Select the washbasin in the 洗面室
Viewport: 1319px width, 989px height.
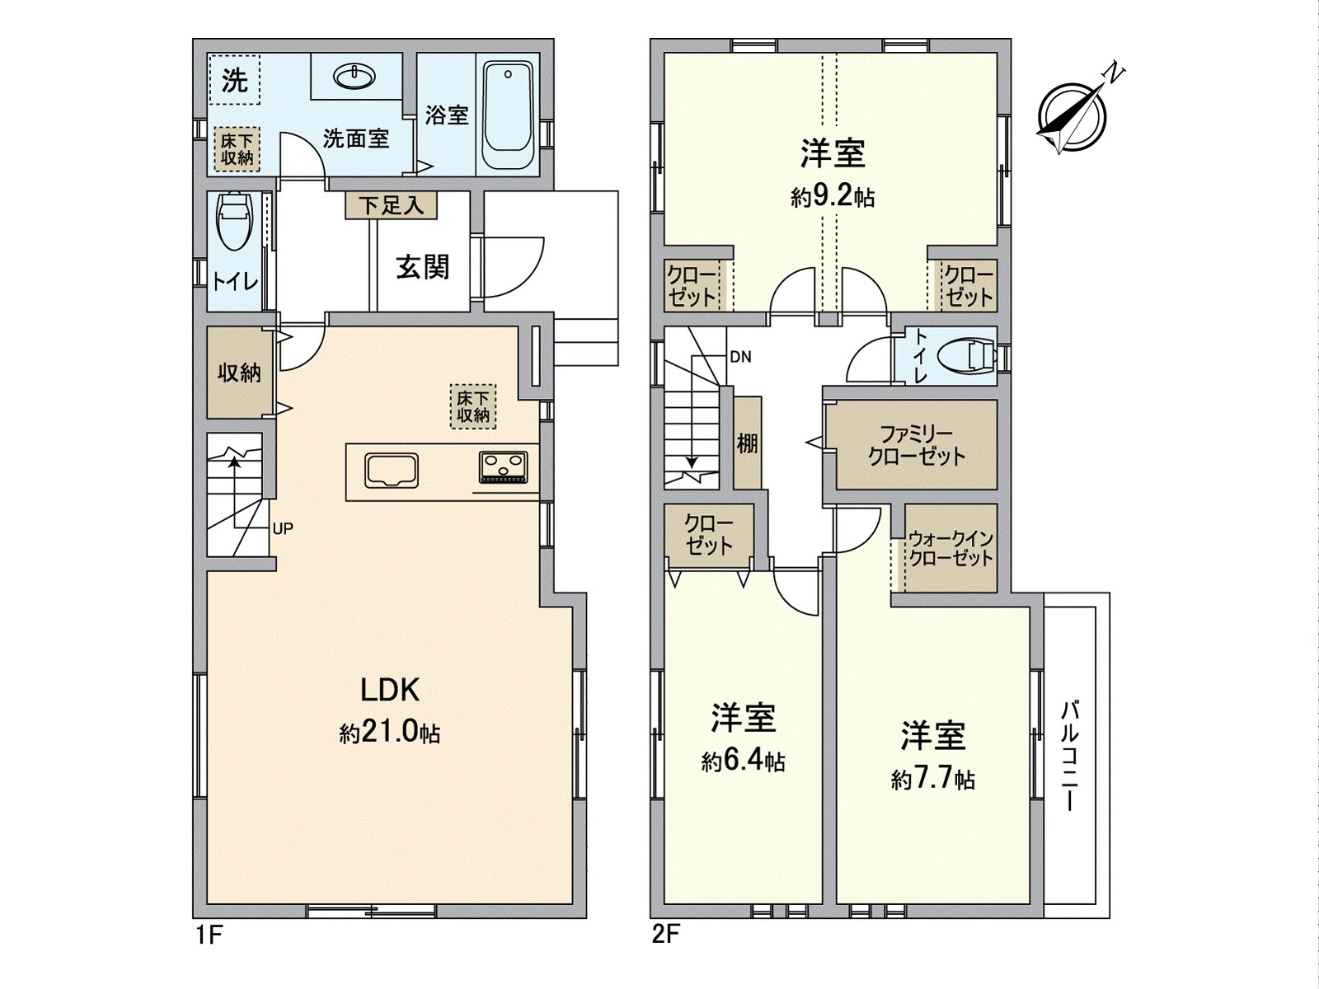355,77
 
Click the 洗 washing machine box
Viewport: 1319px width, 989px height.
234,80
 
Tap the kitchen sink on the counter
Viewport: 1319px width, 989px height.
392,470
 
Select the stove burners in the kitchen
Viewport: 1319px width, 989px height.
503,466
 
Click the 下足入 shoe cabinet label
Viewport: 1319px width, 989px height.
392,206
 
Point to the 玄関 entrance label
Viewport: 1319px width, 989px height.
423,267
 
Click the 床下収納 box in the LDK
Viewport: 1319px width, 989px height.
473,406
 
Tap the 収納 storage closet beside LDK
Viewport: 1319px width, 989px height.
238,373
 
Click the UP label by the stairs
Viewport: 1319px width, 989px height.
283,529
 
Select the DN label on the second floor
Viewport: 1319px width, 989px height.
741,358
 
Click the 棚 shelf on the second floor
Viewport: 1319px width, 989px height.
748,443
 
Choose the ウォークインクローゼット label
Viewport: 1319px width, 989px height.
951,547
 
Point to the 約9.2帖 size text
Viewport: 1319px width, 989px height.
833,197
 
